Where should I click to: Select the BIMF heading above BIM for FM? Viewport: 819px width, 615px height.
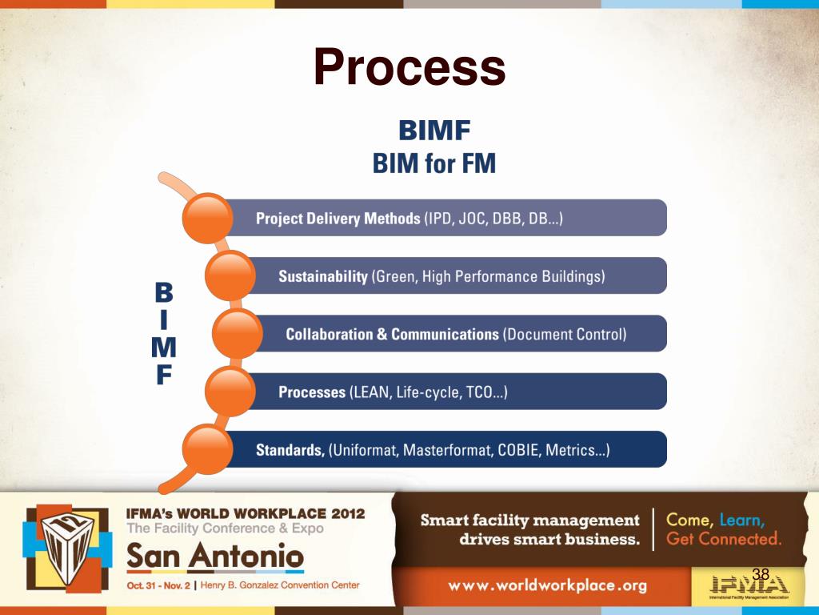433,131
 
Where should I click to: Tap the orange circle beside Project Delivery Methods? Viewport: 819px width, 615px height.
210,219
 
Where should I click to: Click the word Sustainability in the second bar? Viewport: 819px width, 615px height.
322,277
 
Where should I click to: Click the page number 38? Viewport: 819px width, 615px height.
761,573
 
